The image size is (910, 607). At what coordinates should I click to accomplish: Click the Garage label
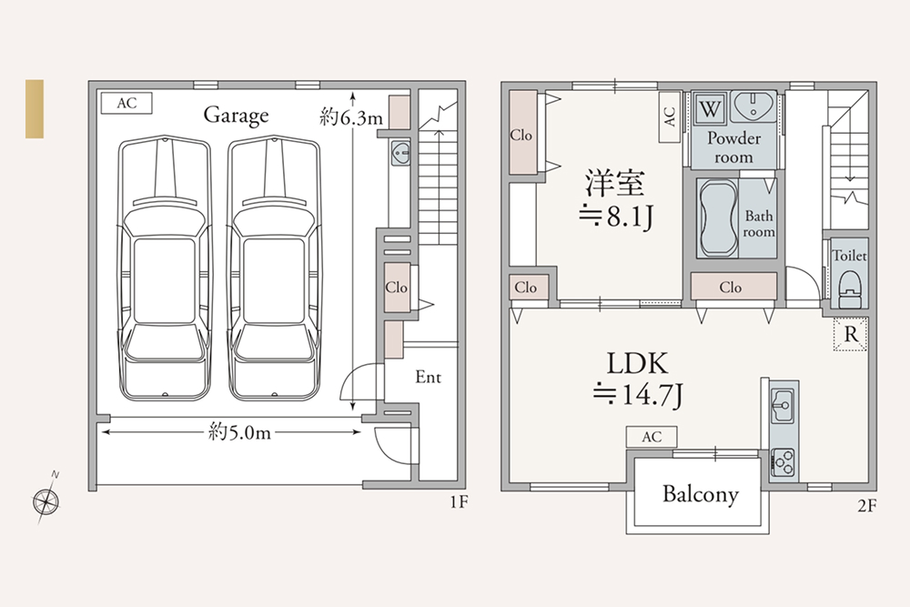pos(237,115)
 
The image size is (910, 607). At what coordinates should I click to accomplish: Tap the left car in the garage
pos(164,268)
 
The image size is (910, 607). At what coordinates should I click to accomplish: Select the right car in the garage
pos(274,268)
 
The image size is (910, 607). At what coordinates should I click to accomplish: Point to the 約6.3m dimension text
pos(350,117)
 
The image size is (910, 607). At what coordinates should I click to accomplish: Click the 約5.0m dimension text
pos(239,432)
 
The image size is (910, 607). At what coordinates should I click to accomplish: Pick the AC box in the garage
pos(126,104)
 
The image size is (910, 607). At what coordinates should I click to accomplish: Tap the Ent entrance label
pos(429,377)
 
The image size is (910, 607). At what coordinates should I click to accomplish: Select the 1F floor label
pos(459,501)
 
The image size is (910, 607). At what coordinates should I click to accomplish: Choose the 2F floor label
pos(867,506)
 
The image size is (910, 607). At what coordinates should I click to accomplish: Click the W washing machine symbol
pos(710,108)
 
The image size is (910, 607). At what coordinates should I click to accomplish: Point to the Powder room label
pos(734,147)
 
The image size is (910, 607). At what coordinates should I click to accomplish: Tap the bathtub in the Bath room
pos(718,218)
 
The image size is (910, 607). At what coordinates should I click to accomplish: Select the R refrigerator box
pos(851,334)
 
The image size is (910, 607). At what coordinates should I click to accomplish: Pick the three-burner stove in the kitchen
pos(783,462)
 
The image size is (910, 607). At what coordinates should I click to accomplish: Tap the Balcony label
pos(701,494)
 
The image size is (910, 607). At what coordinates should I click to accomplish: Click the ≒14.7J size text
pos(638,395)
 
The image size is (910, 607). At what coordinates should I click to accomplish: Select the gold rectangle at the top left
pos(35,108)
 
